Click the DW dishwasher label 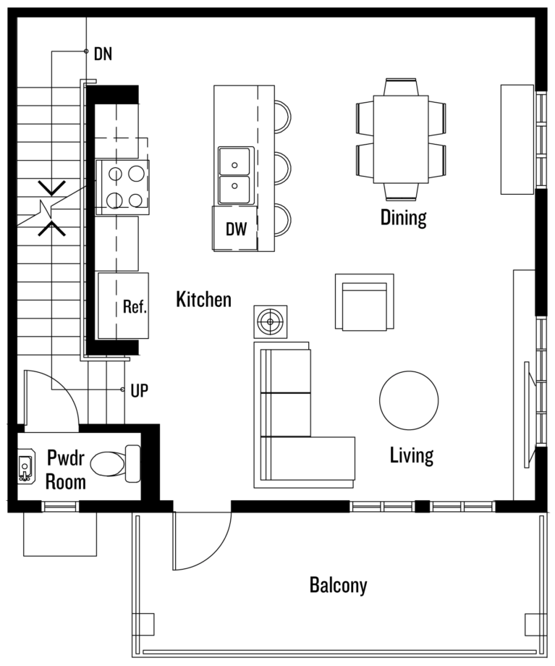pos(236,229)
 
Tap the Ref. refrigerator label pos(135,306)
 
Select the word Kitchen pos(204,300)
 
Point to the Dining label pos(403,217)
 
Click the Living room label pos(412,456)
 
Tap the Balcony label pos(339,586)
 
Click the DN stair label pos(103,54)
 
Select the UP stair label pos(139,391)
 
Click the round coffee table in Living pos(409,400)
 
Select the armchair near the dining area pos(365,302)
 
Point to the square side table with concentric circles pos(271,321)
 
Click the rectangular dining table pos(401,139)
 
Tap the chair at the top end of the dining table pos(402,87)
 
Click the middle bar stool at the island pos(282,168)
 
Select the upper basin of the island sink pos(234,161)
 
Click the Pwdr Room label pos(66,471)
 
